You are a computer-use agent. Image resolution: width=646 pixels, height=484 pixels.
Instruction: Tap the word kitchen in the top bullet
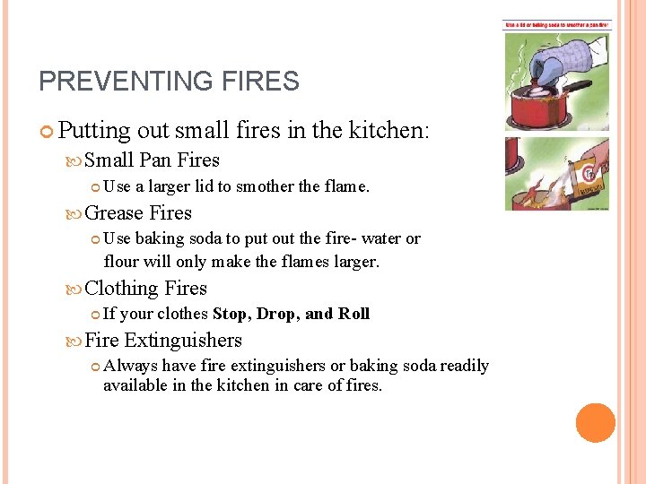point(367,131)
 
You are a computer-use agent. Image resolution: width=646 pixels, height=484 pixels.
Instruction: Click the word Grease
point(114,212)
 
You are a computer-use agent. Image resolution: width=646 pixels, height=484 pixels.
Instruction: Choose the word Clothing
point(121,289)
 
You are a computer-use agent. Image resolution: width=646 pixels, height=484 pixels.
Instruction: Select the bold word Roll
point(354,314)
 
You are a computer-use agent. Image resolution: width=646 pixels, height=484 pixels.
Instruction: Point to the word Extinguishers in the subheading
point(183,341)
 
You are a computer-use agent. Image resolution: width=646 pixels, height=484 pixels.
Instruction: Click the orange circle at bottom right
point(596,423)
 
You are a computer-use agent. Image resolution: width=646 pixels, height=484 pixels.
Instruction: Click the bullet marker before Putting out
point(48,132)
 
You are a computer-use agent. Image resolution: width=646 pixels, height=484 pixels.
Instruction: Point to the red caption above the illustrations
point(556,25)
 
